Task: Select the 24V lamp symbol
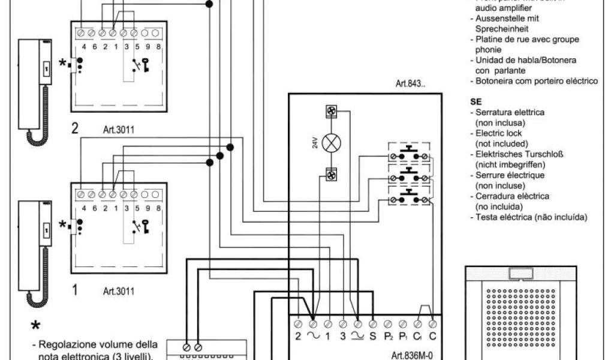330,143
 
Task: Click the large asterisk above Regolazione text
36,326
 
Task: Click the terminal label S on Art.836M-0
372,336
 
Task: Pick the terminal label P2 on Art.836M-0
388,336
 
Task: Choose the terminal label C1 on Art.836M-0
418,336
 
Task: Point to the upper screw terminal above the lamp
330,111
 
